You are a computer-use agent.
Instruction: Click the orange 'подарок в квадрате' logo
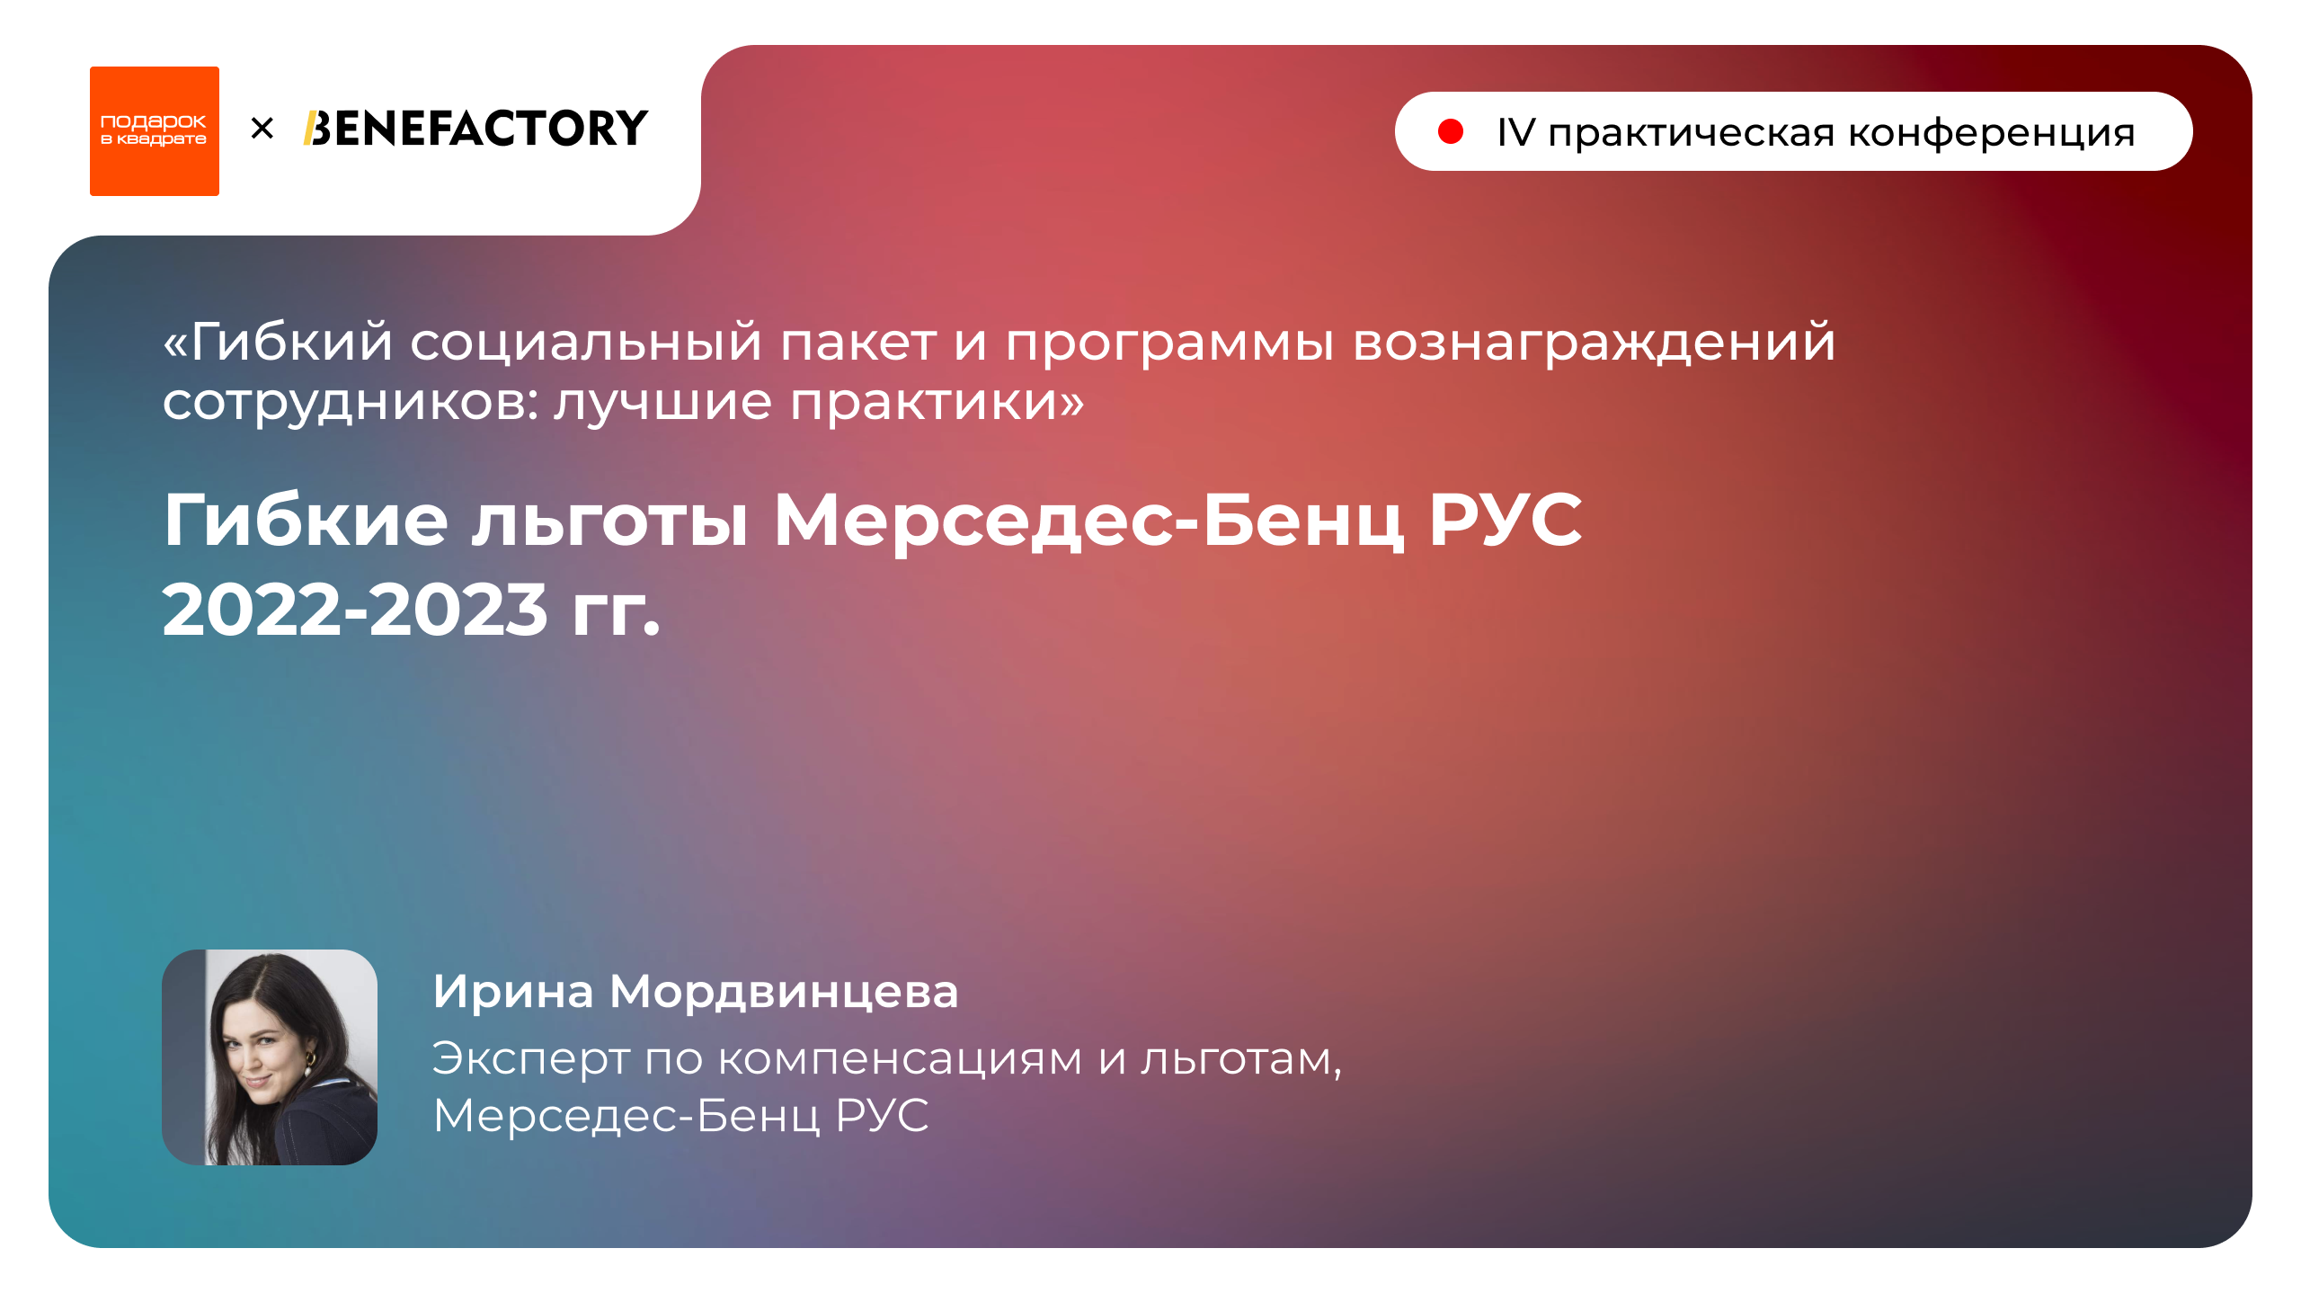(x=154, y=131)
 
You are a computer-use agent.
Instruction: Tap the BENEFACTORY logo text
(x=475, y=129)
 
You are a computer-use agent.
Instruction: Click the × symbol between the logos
(x=262, y=129)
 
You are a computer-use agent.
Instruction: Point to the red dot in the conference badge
(x=1450, y=132)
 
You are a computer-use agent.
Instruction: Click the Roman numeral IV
(x=1516, y=133)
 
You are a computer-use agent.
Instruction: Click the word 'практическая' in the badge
(x=1691, y=133)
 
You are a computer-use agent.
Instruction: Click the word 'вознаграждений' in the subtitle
(x=1594, y=343)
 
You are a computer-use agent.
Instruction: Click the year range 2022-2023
(x=354, y=611)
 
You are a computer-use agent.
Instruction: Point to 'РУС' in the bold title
(x=1506, y=521)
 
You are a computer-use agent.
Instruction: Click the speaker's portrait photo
(x=269, y=1057)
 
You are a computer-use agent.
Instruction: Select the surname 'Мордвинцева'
(x=784, y=992)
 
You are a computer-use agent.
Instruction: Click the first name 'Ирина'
(x=513, y=992)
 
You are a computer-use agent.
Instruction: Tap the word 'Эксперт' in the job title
(x=530, y=1058)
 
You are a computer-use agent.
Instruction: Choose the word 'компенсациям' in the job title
(x=900, y=1058)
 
